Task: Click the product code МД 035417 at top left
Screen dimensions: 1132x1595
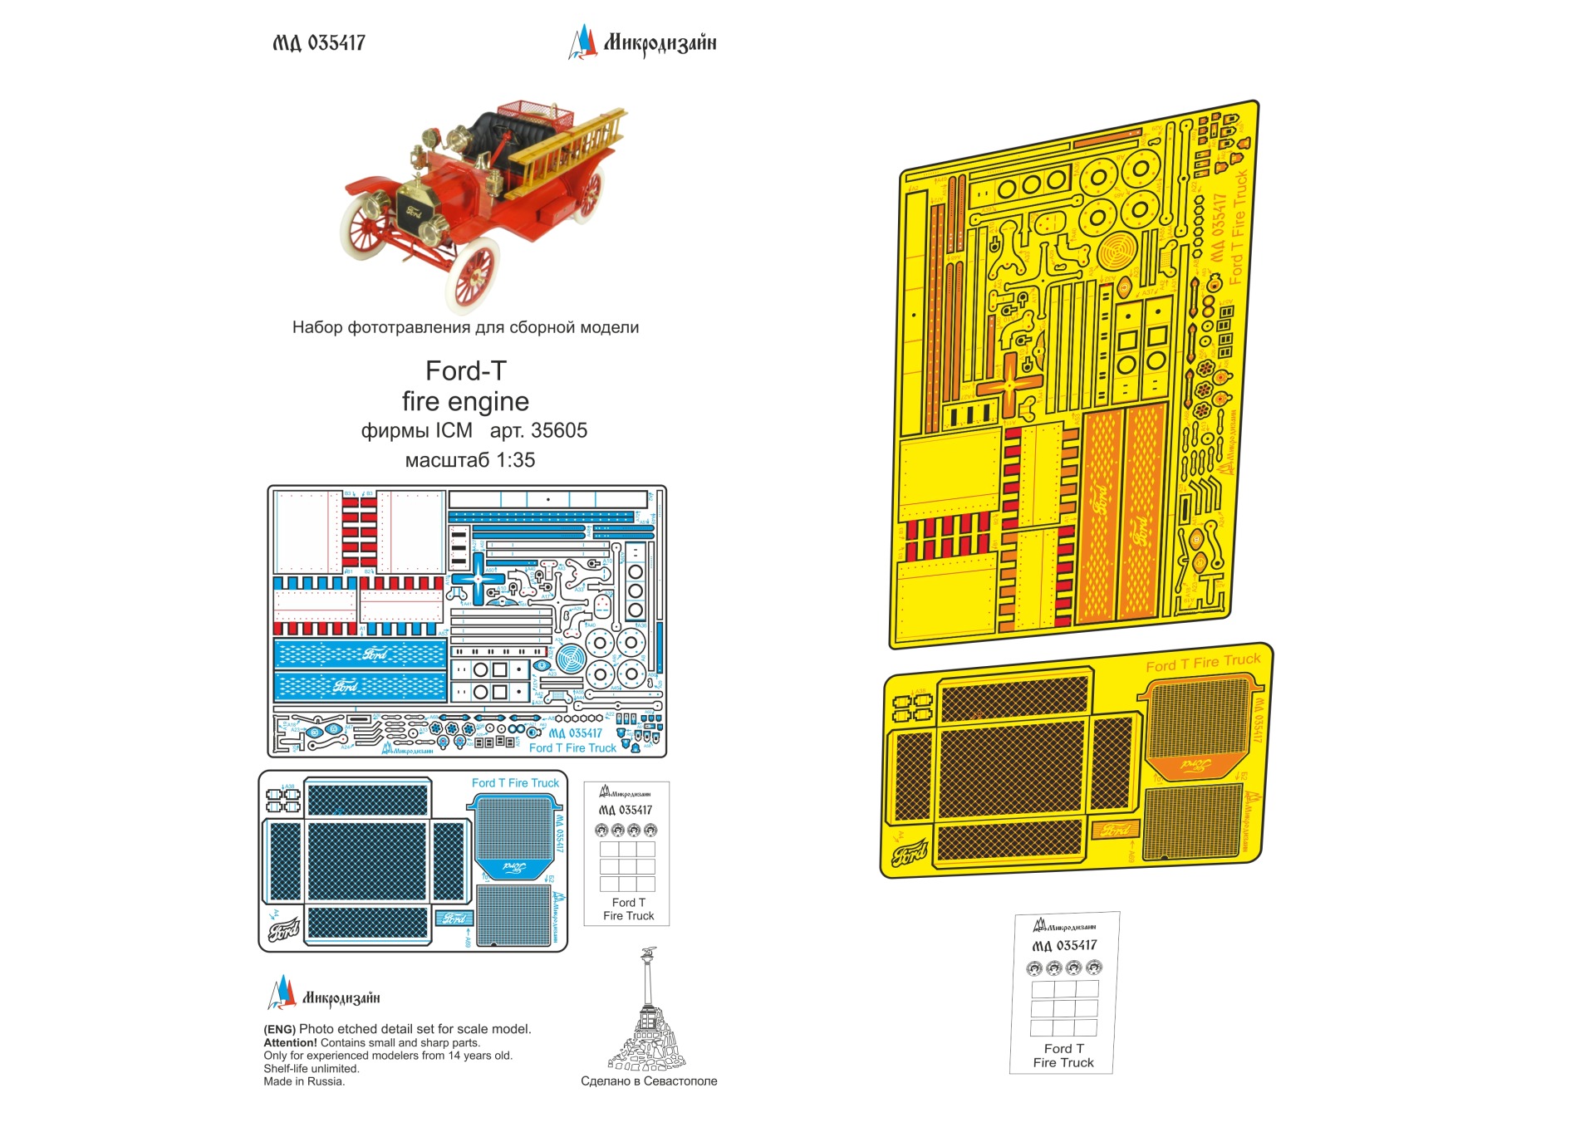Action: [319, 43]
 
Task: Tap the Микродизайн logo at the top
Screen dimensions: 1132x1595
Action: [642, 42]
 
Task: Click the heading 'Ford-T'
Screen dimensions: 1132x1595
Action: [465, 370]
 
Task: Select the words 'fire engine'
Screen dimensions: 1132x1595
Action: [465, 402]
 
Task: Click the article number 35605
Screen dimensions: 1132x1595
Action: [558, 431]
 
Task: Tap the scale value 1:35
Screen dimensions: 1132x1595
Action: [515, 460]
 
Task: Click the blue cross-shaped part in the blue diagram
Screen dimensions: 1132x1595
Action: [478, 579]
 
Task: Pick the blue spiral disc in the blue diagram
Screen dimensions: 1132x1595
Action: [571, 660]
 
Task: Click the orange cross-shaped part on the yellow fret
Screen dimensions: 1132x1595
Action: [1009, 385]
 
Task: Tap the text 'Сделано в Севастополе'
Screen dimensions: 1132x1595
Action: [649, 1081]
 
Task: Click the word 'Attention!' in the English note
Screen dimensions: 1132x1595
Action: [290, 1043]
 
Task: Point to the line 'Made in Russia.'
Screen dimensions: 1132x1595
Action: [304, 1081]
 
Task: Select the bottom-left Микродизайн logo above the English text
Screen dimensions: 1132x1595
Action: [324, 995]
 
